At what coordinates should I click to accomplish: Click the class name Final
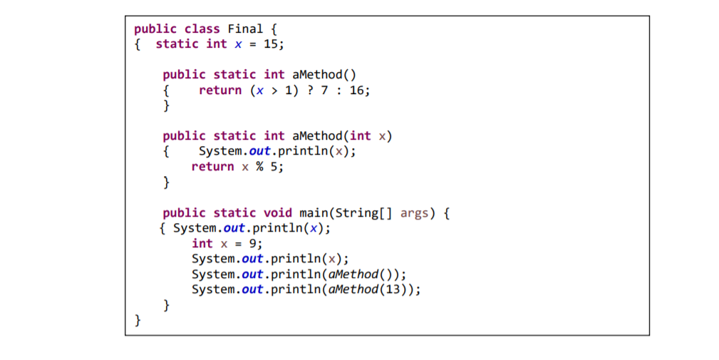(244, 29)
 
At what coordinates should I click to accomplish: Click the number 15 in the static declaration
(271, 44)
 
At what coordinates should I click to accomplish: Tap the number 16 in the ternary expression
(357, 91)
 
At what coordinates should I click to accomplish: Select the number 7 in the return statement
(324, 91)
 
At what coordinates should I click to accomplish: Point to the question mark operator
(309, 91)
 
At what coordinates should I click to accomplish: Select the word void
(278, 213)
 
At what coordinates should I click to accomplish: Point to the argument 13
(396, 289)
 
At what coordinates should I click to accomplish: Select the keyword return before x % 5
(212, 167)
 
